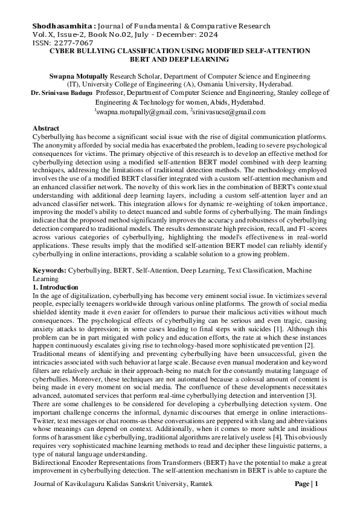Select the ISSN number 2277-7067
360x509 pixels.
(x=73, y=43)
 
